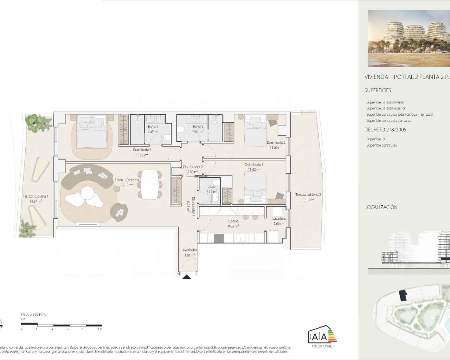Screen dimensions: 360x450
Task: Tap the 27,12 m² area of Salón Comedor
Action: [x=127, y=185]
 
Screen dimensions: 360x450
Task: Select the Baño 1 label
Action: [x=153, y=127]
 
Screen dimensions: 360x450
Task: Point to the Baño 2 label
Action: [x=198, y=127]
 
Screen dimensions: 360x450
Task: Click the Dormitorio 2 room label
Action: [x=276, y=143]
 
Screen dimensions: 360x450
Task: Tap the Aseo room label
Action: [x=212, y=187]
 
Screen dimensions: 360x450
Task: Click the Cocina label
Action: [x=233, y=221]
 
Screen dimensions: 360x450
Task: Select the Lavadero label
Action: [x=279, y=219]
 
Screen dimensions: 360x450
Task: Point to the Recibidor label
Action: [x=190, y=250]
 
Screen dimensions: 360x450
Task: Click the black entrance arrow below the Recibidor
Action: [x=187, y=277]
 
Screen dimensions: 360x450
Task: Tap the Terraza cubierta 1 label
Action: [x=36, y=197]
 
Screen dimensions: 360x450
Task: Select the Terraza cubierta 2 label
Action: [x=308, y=195]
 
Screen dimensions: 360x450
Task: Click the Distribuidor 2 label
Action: [x=193, y=167]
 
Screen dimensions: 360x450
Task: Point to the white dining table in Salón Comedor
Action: [x=150, y=184]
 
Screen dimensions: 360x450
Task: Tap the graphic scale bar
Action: [x=62, y=325]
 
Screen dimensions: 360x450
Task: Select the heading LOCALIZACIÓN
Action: [x=381, y=207]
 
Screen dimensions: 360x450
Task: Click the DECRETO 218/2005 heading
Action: [x=385, y=130]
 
